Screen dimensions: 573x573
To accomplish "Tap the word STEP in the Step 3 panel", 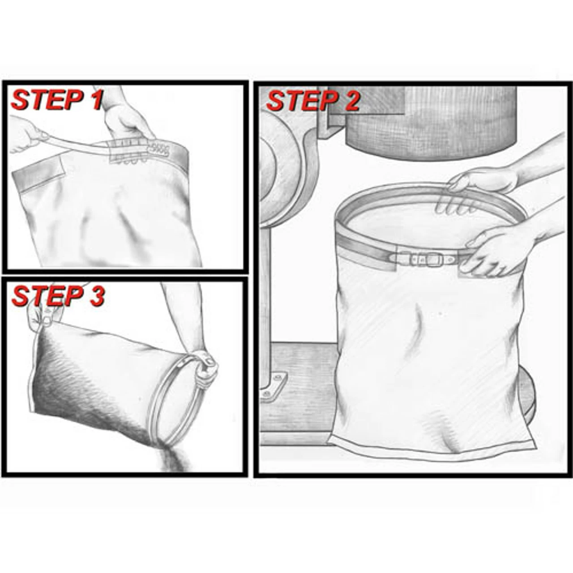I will coord(48,296).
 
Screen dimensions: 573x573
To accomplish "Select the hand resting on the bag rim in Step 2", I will coord(483,180).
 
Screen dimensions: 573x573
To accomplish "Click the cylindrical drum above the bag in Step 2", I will coord(430,121).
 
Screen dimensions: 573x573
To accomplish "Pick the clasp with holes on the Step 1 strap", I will coord(159,149).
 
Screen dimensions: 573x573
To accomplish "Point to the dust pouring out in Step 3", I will coord(172,459).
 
